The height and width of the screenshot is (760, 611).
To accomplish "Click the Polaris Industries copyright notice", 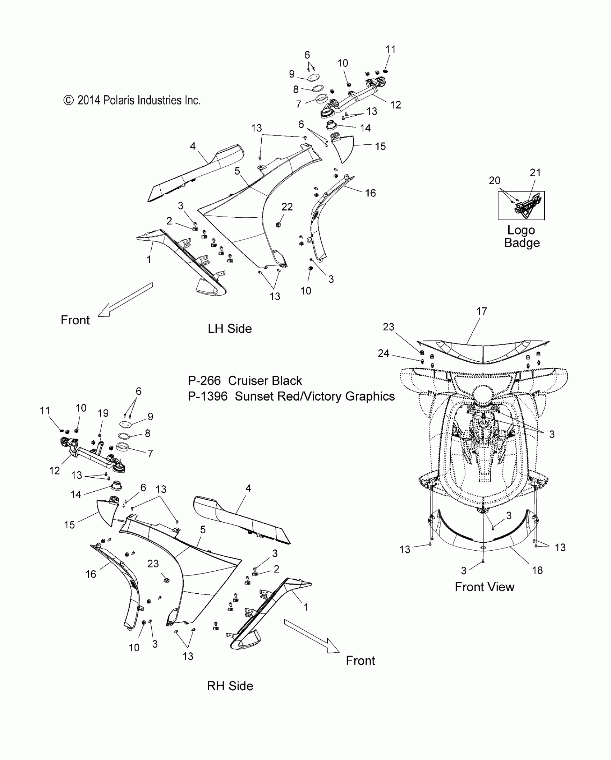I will tap(132, 100).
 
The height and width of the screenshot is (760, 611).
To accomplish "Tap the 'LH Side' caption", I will tap(230, 329).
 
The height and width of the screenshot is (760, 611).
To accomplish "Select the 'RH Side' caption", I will tap(230, 686).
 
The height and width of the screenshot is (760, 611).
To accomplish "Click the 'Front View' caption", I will tap(484, 587).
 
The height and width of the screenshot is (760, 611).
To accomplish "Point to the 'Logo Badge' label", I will tap(522, 236).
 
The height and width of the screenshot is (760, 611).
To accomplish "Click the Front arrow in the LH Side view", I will tap(125, 300).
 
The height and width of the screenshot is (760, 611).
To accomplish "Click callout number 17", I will tap(482, 311).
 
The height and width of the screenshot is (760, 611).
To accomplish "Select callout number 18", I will tap(537, 570).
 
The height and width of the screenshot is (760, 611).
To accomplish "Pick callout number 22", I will tap(287, 207).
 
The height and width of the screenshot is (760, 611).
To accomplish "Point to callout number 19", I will tap(103, 413).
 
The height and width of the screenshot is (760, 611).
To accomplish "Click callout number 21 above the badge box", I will tap(535, 173).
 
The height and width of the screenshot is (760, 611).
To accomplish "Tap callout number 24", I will tap(383, 353).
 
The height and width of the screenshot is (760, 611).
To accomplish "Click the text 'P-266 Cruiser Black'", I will tap(245, 381).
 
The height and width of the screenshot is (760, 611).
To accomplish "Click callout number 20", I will tap(495, 180).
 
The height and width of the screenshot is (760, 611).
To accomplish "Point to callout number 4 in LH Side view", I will tap(193, 146).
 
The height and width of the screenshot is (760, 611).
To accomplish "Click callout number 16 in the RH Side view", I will tap(91, 574).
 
